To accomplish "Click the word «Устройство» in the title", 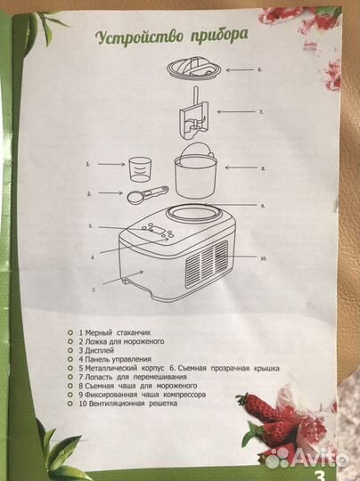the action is [x=140, y=37].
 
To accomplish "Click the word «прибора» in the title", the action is [x=219, y=36].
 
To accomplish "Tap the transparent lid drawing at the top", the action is [x=194, y=69].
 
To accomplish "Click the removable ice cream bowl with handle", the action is [x=195, y=173].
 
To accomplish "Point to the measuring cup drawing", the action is [x=140, y=169].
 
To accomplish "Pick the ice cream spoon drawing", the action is [x=147, y=193].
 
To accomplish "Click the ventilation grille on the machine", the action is [x=207, y=264].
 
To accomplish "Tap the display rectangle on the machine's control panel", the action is [x=159, y=231].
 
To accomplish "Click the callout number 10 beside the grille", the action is [x=263, y=258].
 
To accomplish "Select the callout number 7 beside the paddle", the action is [x=261, y=112].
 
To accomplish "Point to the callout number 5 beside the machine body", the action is [x=94, y=289].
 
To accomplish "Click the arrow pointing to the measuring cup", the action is [x=111, y=165].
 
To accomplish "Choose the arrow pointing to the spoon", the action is [x=110, y=193].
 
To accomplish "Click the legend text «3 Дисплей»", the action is [x=96, y=350].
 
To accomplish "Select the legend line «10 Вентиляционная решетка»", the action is [x=128, y=404].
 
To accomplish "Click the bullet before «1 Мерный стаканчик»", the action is [x=70, y=332].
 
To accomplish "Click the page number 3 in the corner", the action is [x=319, y=475].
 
